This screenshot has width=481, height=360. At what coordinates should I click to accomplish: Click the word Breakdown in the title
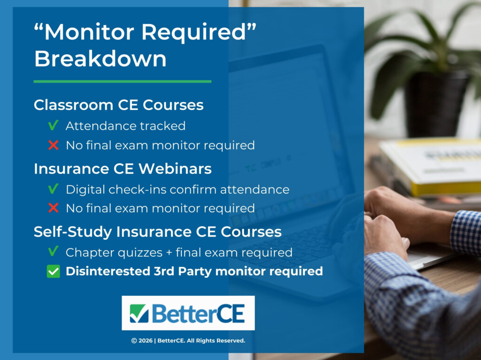click(100, 59)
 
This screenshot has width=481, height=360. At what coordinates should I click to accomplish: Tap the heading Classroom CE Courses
click(118, 105)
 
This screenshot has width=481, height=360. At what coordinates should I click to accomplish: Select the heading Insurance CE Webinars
click(123, 169)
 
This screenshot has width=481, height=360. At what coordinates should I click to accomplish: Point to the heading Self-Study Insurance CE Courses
click(157, 232)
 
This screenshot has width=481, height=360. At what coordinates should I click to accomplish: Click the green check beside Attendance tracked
click(53, 126)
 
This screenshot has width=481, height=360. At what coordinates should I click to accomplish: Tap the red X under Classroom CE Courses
click(53, 146)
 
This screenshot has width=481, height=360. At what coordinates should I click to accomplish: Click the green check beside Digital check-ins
click(53, 189)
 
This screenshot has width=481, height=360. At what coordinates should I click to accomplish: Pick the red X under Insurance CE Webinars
click(53, 208)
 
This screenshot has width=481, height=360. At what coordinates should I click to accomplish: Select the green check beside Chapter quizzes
click(53, 252)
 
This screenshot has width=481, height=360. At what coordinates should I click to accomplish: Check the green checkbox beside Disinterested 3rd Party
click(54, 272)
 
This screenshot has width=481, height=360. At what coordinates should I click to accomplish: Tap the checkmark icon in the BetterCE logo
click(139, 314)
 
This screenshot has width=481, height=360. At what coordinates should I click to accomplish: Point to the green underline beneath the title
click(122, 82)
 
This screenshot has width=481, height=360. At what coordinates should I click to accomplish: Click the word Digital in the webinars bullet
click(83, 190)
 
